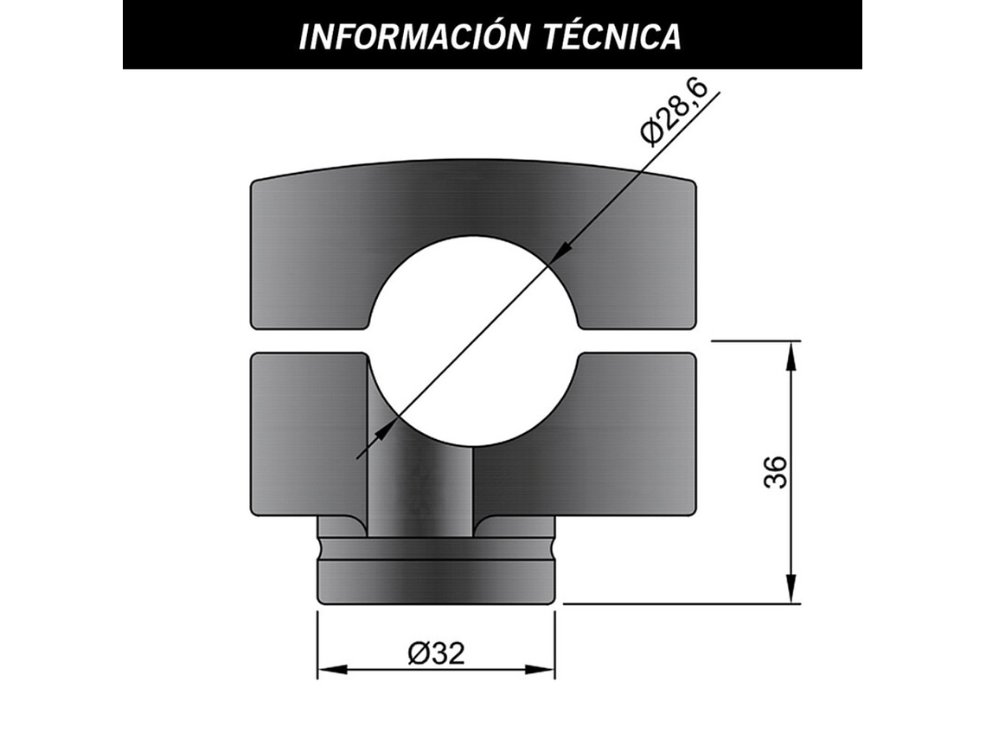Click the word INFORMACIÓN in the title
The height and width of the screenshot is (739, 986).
(x=408, y=36)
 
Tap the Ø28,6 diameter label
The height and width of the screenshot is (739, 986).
(x=675, y=112)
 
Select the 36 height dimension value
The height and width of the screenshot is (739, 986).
(x=777, y=472)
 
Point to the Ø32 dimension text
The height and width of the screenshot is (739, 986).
(x=436, y=653)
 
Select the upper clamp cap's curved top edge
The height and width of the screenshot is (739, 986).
(x=473, y=161)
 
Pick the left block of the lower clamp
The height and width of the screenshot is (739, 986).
(x=307, y=432)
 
